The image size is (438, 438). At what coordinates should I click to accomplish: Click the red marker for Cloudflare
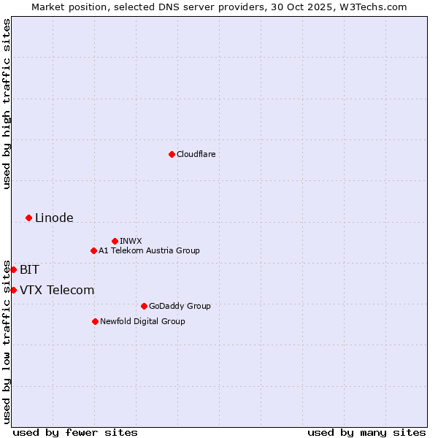172,154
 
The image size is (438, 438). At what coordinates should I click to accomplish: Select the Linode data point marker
28,218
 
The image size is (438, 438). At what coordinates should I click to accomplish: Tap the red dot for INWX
115,241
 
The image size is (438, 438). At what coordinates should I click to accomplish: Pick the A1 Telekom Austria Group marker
93,250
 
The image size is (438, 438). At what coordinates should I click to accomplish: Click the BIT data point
13,269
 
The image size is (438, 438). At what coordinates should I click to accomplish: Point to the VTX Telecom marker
13,290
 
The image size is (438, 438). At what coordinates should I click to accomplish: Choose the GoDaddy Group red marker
144,306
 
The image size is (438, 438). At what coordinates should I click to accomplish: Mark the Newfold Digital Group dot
95,321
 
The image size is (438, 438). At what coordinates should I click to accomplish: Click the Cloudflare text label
196,154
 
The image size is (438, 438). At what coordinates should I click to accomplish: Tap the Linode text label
54,218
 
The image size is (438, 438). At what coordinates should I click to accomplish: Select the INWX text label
131,241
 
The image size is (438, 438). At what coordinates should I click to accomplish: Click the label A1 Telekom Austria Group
149,250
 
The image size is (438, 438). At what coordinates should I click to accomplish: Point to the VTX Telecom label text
57,290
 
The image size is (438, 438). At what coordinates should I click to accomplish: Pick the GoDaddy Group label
179,306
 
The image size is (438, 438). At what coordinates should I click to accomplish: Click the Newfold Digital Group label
142,321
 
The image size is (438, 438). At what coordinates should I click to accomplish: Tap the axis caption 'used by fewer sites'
75,432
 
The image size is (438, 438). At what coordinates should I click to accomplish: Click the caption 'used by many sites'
366,432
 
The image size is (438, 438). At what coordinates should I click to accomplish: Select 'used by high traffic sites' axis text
7,104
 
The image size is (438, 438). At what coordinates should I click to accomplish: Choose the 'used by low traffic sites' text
7,342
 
